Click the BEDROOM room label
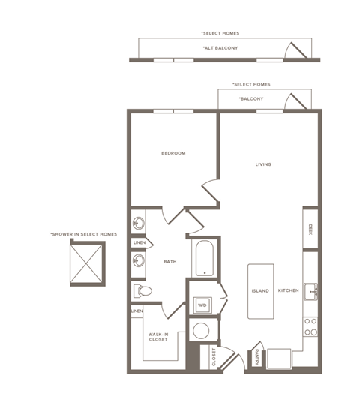click(x=173, y=153)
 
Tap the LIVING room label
click(x=262, y=164)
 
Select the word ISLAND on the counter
click(x=259, y=290)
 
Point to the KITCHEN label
click(x=288, y=290)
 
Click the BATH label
click(x=169, y=261)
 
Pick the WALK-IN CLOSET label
click(x=157, y=336)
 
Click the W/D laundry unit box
click(x=202, y=305)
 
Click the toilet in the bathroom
click(x=142, y=290)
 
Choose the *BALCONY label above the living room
click(x=250, y=99)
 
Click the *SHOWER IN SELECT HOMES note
click(x=83, y=234)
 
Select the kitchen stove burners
click(x=310, y=326)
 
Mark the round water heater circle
click(x=201, y=330)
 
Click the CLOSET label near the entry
click(x=214, y=357)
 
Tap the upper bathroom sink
click(x=138, y=224)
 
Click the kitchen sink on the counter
click(x=310, y=291)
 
